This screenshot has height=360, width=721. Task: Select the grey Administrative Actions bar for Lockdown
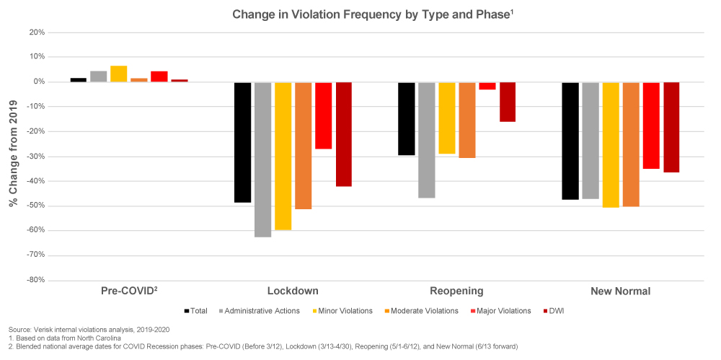(262, 159)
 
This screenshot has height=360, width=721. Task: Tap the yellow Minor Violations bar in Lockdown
(283, 156)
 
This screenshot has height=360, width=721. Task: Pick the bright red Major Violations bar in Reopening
(487, 86)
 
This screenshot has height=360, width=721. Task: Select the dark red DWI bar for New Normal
(671, 127)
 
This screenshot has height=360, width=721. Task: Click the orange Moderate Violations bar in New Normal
(631, 144)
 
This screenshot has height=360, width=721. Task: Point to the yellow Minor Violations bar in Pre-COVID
(119, 74)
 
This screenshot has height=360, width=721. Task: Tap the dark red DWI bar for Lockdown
(343, 134)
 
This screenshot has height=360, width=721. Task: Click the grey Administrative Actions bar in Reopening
(427, 139)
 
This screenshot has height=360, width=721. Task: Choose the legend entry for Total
(197, 311)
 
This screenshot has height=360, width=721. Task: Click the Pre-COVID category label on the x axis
(129, 291)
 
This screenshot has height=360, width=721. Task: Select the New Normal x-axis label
(620, 291)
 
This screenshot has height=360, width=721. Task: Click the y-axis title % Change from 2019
(12, 156)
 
